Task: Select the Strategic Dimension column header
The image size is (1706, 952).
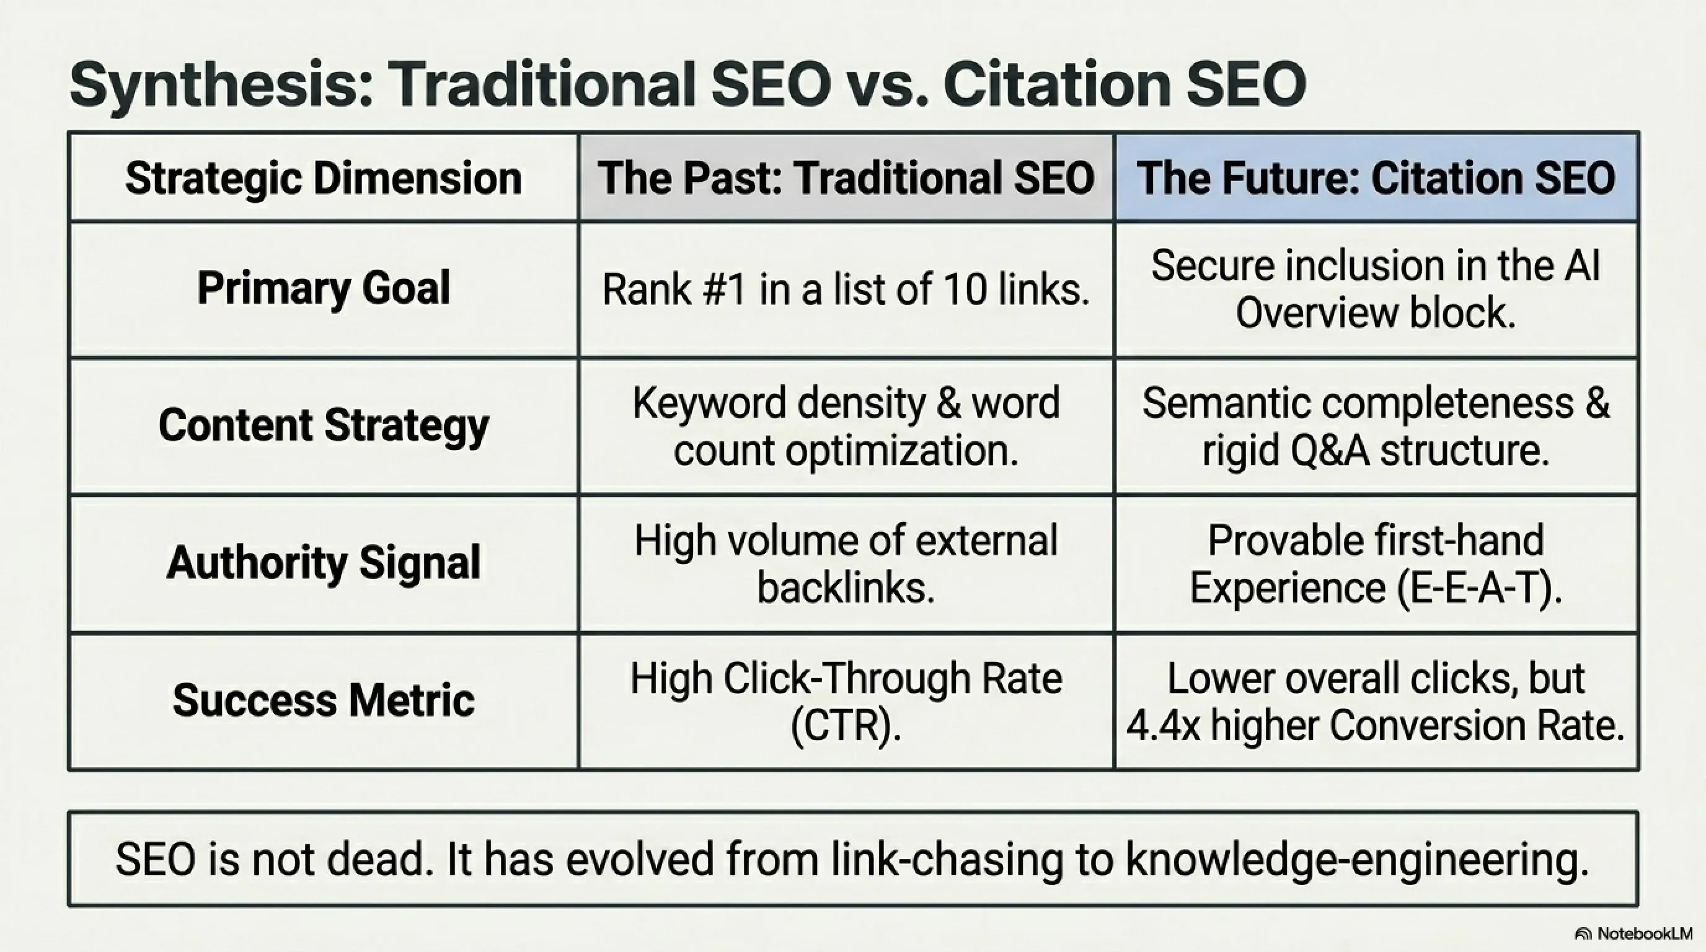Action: pos(323,178)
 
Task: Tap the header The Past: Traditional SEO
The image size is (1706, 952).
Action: pos(846,178)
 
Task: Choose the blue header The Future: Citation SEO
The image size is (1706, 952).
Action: pos(1376,178)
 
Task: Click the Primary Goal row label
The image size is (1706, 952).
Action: pos(323,289)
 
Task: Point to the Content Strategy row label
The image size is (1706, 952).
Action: pos(323,426)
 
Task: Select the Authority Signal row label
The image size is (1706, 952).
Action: pos(323,563)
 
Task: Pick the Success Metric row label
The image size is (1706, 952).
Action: pos(323,700)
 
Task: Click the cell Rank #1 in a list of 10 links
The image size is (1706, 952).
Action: pos(846,290)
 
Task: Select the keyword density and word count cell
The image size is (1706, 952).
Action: pos(846,426)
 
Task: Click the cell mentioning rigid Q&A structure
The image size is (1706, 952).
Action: pos(1376,426)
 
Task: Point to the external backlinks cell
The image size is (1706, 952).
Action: pos(846,563)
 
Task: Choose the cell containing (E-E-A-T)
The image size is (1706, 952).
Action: pos(1376,563)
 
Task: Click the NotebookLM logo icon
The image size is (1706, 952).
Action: pos(1583,934)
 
